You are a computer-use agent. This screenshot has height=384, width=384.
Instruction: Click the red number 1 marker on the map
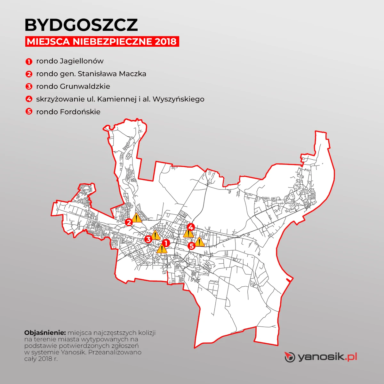[x=166, y=243]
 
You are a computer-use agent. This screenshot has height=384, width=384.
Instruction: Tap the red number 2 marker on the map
[x=129, y=222]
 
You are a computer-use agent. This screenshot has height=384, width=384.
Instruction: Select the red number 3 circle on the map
[x=148, y=239]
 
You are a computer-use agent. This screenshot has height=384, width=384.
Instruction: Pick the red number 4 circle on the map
[x=191, y=227]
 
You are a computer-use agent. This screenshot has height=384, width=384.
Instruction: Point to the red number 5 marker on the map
[x=191, y=246]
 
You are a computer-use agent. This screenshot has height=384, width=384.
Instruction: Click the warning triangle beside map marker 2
[x=137, y=218]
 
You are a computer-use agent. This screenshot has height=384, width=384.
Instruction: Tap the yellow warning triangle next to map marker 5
[x=199, y=242]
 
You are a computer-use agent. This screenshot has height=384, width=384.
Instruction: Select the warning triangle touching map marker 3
[x=155, y=236]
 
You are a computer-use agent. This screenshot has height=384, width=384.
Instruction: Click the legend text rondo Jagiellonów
[x=70, y=61]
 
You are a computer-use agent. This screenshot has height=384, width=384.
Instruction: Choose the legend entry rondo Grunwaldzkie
[x=73, y=86]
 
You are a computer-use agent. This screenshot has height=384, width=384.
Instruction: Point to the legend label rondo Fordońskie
[x=68, y=112]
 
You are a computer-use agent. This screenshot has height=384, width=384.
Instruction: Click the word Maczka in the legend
[x=132, y=74]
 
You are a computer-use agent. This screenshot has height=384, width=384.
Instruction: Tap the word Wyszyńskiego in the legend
[x=178, y=99]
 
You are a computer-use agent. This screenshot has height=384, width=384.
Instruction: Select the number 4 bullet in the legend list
[x=29, y=99]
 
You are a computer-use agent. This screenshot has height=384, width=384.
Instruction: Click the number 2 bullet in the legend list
[x=29, y=74]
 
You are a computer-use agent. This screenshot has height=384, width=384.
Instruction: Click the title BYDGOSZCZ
[x=81, y=25]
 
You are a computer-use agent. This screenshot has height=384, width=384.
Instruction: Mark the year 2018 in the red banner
[x=165, y=42]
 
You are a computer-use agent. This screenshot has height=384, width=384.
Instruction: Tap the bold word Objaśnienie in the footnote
[x=45, y=333]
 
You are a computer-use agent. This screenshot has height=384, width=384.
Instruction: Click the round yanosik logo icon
[x=290, y=357]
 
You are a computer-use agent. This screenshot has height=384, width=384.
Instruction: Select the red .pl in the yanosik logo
[x=351, y=356]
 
